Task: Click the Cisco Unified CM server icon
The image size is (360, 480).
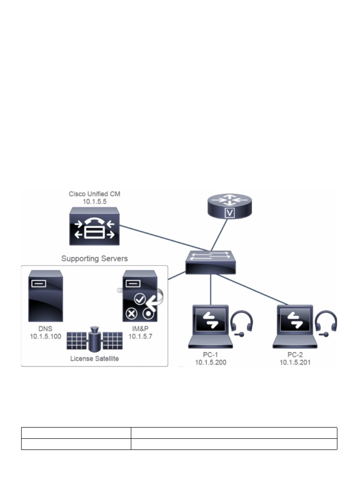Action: point(94,226)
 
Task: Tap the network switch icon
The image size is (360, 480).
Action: point(210,262)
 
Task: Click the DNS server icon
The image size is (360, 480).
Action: point(45,295)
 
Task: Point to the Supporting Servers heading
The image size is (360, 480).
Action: point(95,258)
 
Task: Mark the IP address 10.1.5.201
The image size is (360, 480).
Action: point(296,362)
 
